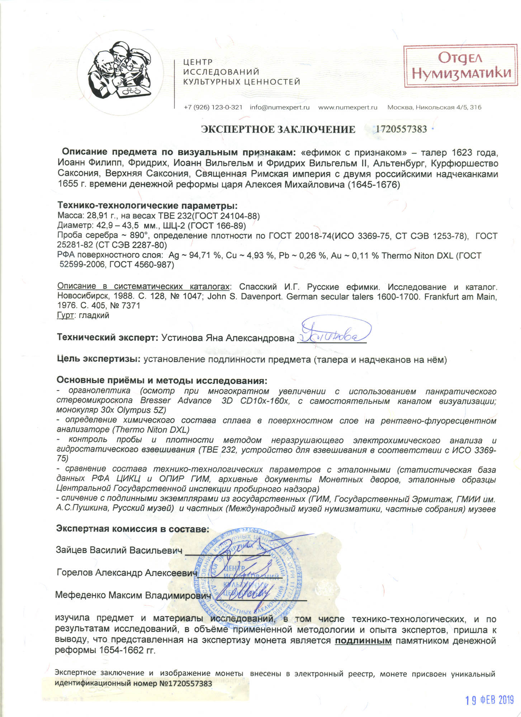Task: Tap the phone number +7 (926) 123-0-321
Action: point(213,107)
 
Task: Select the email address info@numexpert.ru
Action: point(280,107)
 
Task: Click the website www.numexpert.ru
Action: point(348,107)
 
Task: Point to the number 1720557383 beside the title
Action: point(401,129)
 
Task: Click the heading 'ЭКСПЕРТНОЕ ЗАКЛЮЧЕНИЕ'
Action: point(278,129)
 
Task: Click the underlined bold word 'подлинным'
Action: point(363,640)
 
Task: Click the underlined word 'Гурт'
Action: point(65,315)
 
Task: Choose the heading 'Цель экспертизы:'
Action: point(99,359)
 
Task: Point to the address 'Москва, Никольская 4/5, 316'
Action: point(434,107)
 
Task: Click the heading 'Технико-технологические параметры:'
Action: point(147,206)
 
